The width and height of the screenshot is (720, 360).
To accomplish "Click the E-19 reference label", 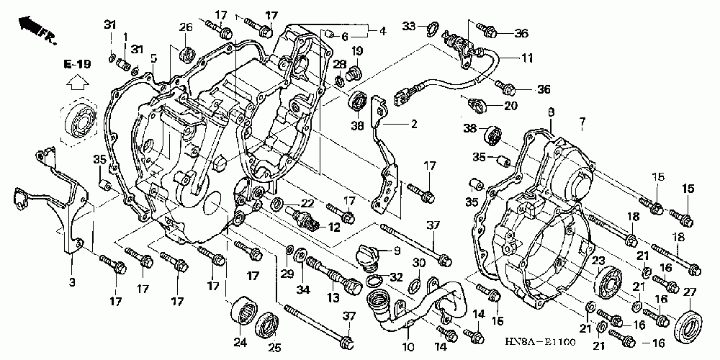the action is pyautogui.click(x=77, y=63).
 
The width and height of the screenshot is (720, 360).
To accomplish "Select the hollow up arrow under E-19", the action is pyautogui.click(x=77, y=83).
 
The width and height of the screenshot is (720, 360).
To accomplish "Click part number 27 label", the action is pyautogui.click(x=690, y=292).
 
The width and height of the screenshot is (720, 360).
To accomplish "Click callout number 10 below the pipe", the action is pyautogui.click(x=409, y=346).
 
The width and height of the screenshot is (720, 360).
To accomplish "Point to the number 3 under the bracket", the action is pyautogui.click(x=71, y=282).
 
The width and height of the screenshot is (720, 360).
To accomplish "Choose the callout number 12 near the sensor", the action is pyautogui.click(x=334, y=226).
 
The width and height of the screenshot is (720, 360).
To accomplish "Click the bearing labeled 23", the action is pyautogui.click(x=608, y=282).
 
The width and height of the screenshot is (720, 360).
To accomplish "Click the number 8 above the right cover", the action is pyautogui.click(x=551, y=112).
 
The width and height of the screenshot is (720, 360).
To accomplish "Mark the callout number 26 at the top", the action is pyautogui.click(x=186, y=27).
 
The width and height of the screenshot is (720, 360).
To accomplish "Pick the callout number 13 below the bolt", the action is pyautogui.click(x=333, y=299).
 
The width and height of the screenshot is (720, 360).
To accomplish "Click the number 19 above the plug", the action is pyautogui.click(x=358, y=50).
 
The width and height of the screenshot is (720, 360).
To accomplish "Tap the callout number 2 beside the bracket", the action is pyautogui.click(x=414, y=124).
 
